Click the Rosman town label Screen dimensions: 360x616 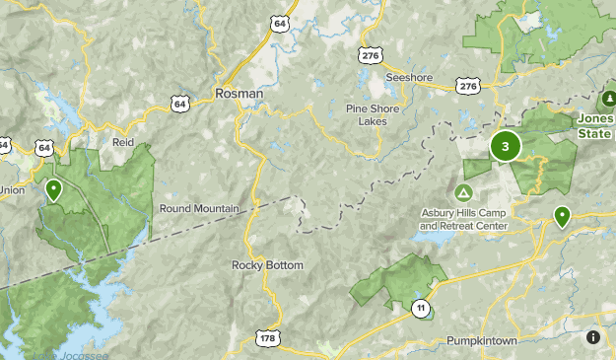240,94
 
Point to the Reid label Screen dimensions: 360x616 122,142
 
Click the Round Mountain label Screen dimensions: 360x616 199,208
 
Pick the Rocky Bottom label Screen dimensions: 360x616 267,265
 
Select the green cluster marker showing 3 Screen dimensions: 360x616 506,147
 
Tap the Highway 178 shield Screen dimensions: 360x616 267,337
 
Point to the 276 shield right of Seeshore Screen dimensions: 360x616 468,87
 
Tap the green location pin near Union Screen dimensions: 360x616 53,190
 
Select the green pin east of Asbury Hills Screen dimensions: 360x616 562,216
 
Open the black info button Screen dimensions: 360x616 593,337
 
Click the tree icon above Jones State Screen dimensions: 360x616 607,100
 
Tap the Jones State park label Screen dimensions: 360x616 597,126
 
